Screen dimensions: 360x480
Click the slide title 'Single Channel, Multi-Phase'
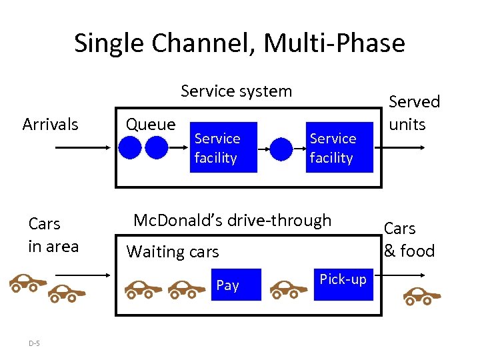pos(239,43)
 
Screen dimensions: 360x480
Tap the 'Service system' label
pos(236,91)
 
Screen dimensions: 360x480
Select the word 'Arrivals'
pos(50,124)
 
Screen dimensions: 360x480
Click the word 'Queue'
pos(151,124)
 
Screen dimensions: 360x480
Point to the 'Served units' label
pos(414,113)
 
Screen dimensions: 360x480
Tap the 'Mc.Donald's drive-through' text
pos(232,220)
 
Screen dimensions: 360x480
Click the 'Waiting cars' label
pos(173,251)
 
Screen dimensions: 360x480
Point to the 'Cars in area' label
pos(53,235)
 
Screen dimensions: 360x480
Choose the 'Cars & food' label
pos(409,239)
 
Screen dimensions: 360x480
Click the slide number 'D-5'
pos(34,343)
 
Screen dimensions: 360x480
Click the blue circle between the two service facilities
pos(281,147)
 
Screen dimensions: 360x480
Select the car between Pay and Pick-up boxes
pos(288,289)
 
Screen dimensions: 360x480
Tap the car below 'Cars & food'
pos(422,295)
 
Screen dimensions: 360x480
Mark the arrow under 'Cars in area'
pos(80,274)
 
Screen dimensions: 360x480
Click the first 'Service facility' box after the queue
pos(223,147)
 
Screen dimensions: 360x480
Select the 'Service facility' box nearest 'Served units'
pos(339,147)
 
